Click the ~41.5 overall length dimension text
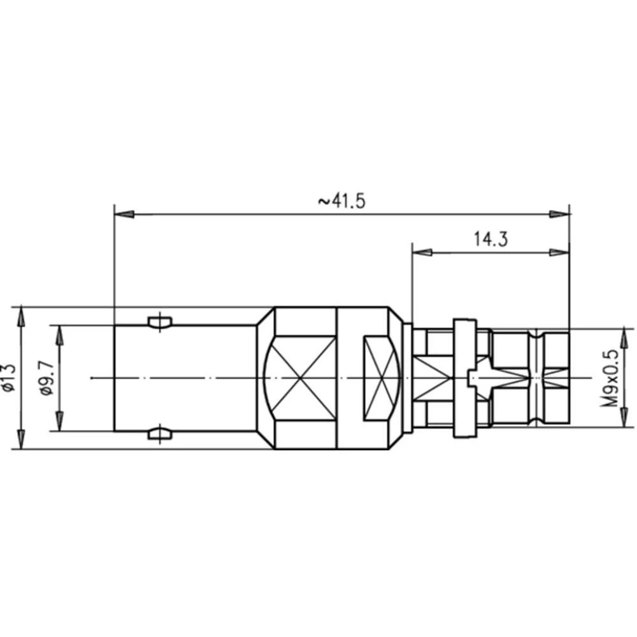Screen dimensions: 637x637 point(341,201)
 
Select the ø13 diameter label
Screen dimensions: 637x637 point(9,377)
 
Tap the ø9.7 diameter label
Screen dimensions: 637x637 point(46,378)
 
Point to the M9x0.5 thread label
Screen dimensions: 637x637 point(612,378)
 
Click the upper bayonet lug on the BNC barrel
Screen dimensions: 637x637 point(159,322)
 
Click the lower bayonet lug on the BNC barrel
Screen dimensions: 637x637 point(159,434)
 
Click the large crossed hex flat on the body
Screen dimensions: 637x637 point(299,378)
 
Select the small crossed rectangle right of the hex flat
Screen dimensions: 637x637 point(381,378)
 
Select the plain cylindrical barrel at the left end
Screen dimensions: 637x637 point(185,378)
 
